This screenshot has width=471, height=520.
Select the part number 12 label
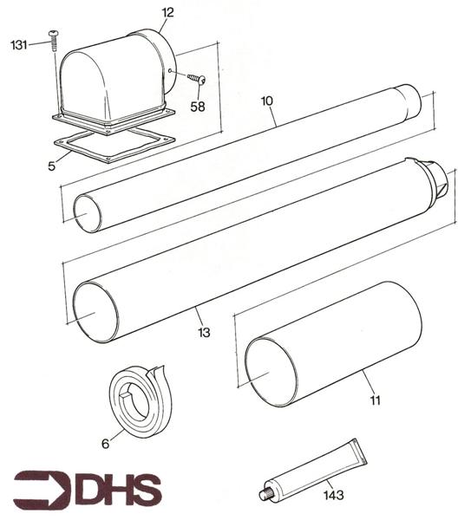(x=167, y=12)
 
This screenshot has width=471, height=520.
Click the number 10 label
(x=267, y=101)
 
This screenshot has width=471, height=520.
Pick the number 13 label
(x=203, y=331)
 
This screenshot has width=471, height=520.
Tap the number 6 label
(x=106, y=443)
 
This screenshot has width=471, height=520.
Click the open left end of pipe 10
(x=87, y=213)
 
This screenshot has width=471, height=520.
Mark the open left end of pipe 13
(x=95, y=310)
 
